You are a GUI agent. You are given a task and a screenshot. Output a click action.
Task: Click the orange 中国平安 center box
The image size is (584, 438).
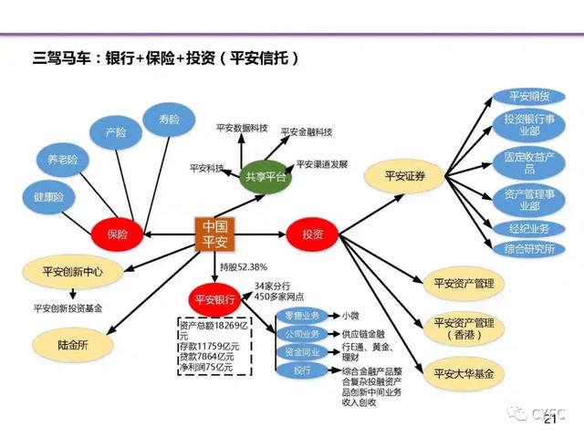point(215,234)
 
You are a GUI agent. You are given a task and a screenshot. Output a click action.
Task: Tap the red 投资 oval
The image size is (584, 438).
point(312,234)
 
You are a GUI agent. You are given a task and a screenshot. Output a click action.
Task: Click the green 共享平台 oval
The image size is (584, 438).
point(265,176)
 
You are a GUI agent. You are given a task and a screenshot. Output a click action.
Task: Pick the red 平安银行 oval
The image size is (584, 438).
point(214,299)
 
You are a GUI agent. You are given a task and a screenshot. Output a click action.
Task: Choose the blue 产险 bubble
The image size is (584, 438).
point(115,134)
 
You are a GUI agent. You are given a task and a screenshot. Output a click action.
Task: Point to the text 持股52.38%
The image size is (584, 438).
point(243,266)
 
